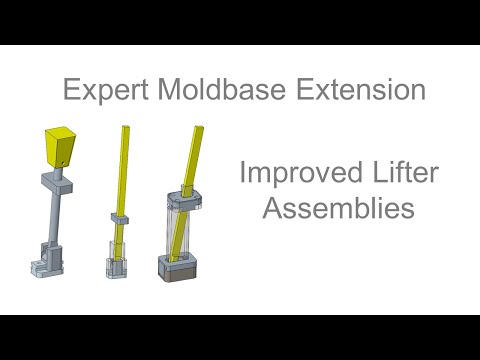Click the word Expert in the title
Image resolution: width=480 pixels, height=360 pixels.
(x=103, y=92)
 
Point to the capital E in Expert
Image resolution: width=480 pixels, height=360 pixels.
(x=71, y=90)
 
